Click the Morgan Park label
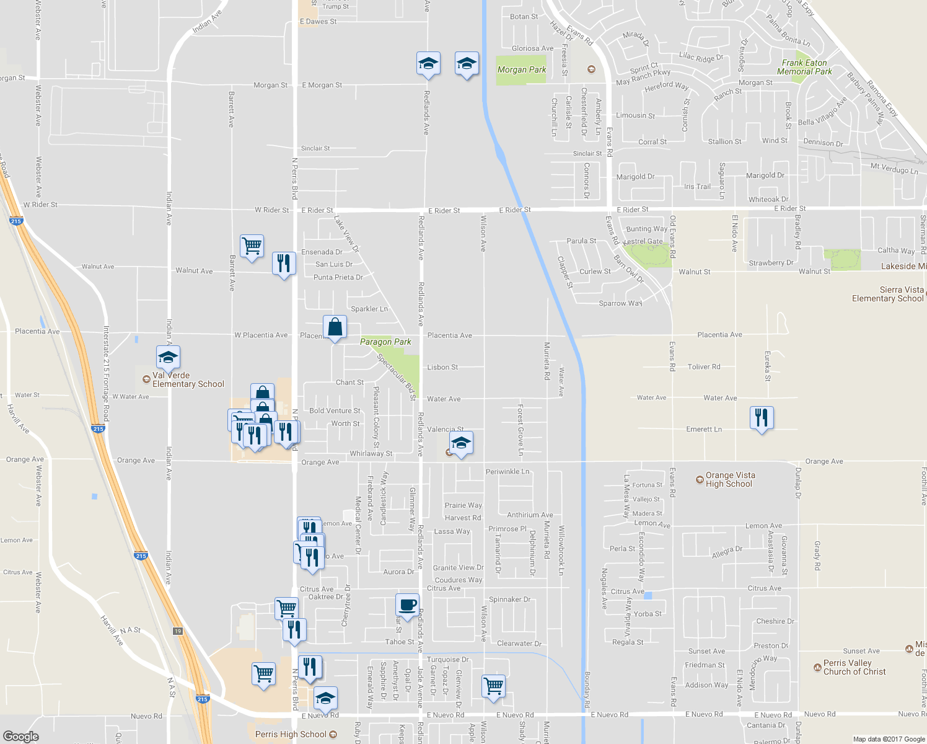[522, 69]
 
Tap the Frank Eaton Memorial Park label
[804, 67]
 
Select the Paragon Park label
[385, 342]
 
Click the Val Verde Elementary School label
[188, 379]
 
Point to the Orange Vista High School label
[730, 479]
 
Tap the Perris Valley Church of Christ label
[855, 667]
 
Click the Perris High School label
[291, 734]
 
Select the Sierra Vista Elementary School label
[887, 294]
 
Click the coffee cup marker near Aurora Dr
[407, 606]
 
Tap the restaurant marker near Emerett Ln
[762, 418]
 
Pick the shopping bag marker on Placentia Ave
[335, 327]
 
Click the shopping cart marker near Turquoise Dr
[494, 686]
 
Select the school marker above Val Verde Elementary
[168, 357]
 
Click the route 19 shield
[178, 631]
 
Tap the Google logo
[20, 736]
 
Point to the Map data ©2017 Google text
[889, 738]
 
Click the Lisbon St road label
[442, 367]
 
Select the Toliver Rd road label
[704, 366]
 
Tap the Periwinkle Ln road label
[507, 471]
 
